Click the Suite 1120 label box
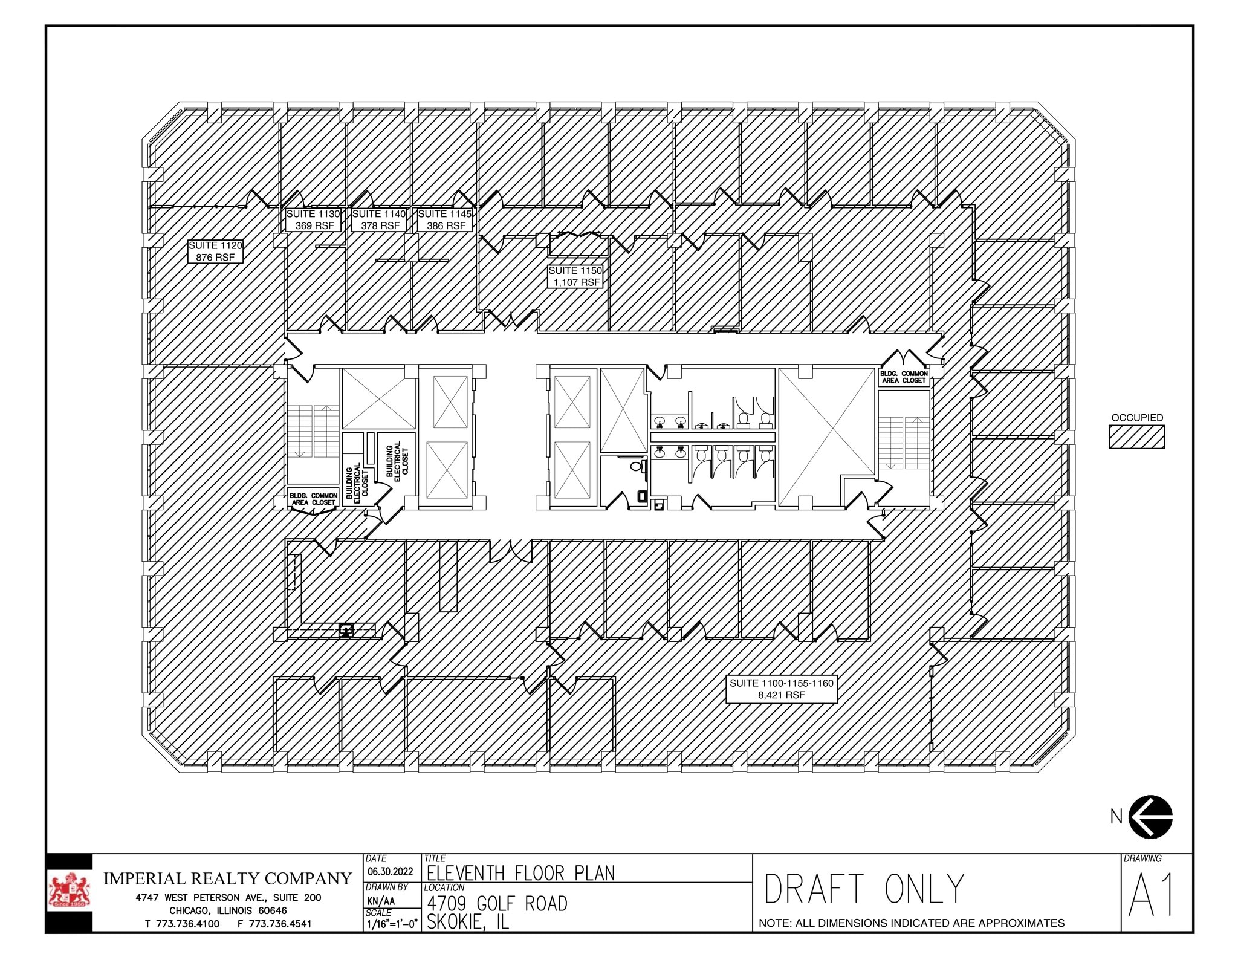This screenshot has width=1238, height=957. coord(215,251)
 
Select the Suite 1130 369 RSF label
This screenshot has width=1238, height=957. coord(313,219)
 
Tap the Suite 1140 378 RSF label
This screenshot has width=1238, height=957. coord(379,219)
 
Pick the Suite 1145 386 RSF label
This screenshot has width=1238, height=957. coord(445,219)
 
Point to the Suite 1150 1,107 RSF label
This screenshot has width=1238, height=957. coord(575,276)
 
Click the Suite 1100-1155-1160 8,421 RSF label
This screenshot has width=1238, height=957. coord(781,689)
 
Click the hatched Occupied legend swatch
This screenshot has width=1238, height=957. coord(1136,436)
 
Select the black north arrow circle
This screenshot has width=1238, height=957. coord(1150,816)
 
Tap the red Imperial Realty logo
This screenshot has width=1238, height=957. coord(71,891)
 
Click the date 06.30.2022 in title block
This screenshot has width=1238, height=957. coord(391,871)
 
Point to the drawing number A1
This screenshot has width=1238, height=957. coord(1152,895)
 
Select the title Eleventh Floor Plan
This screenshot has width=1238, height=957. coord(520,872)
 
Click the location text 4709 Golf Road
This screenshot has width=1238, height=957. coord(497,903)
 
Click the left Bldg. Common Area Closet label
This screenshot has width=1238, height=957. coord(313,499)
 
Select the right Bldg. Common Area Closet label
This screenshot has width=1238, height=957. coord(904,377)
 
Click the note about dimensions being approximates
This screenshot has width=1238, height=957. coord(912,923)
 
